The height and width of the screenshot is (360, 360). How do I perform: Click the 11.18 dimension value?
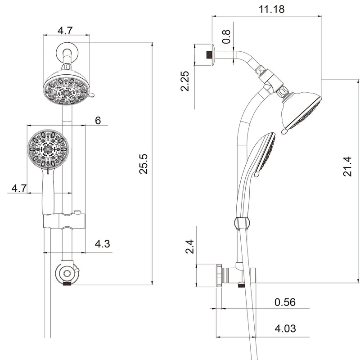[x=271, y=9]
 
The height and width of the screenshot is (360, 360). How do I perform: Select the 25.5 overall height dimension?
[x=143, y=163]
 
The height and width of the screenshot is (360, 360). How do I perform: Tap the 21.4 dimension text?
[x=347, y=166]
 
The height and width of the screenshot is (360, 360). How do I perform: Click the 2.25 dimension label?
[x=185, y=81]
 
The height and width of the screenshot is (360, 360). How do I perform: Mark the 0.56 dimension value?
[x=285, y=302]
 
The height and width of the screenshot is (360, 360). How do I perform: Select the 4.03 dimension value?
[x=285, y=328]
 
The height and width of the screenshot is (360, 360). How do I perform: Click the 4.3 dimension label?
[x=102, y=244]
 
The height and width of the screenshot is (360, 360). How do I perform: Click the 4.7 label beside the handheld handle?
[x=19, y=188]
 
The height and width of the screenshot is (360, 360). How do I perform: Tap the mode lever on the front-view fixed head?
[x=92, y=96]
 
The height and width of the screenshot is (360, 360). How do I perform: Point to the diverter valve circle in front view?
[x=66, y=273]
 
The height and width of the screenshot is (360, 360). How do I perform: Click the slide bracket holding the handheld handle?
[x=63, y=221]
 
